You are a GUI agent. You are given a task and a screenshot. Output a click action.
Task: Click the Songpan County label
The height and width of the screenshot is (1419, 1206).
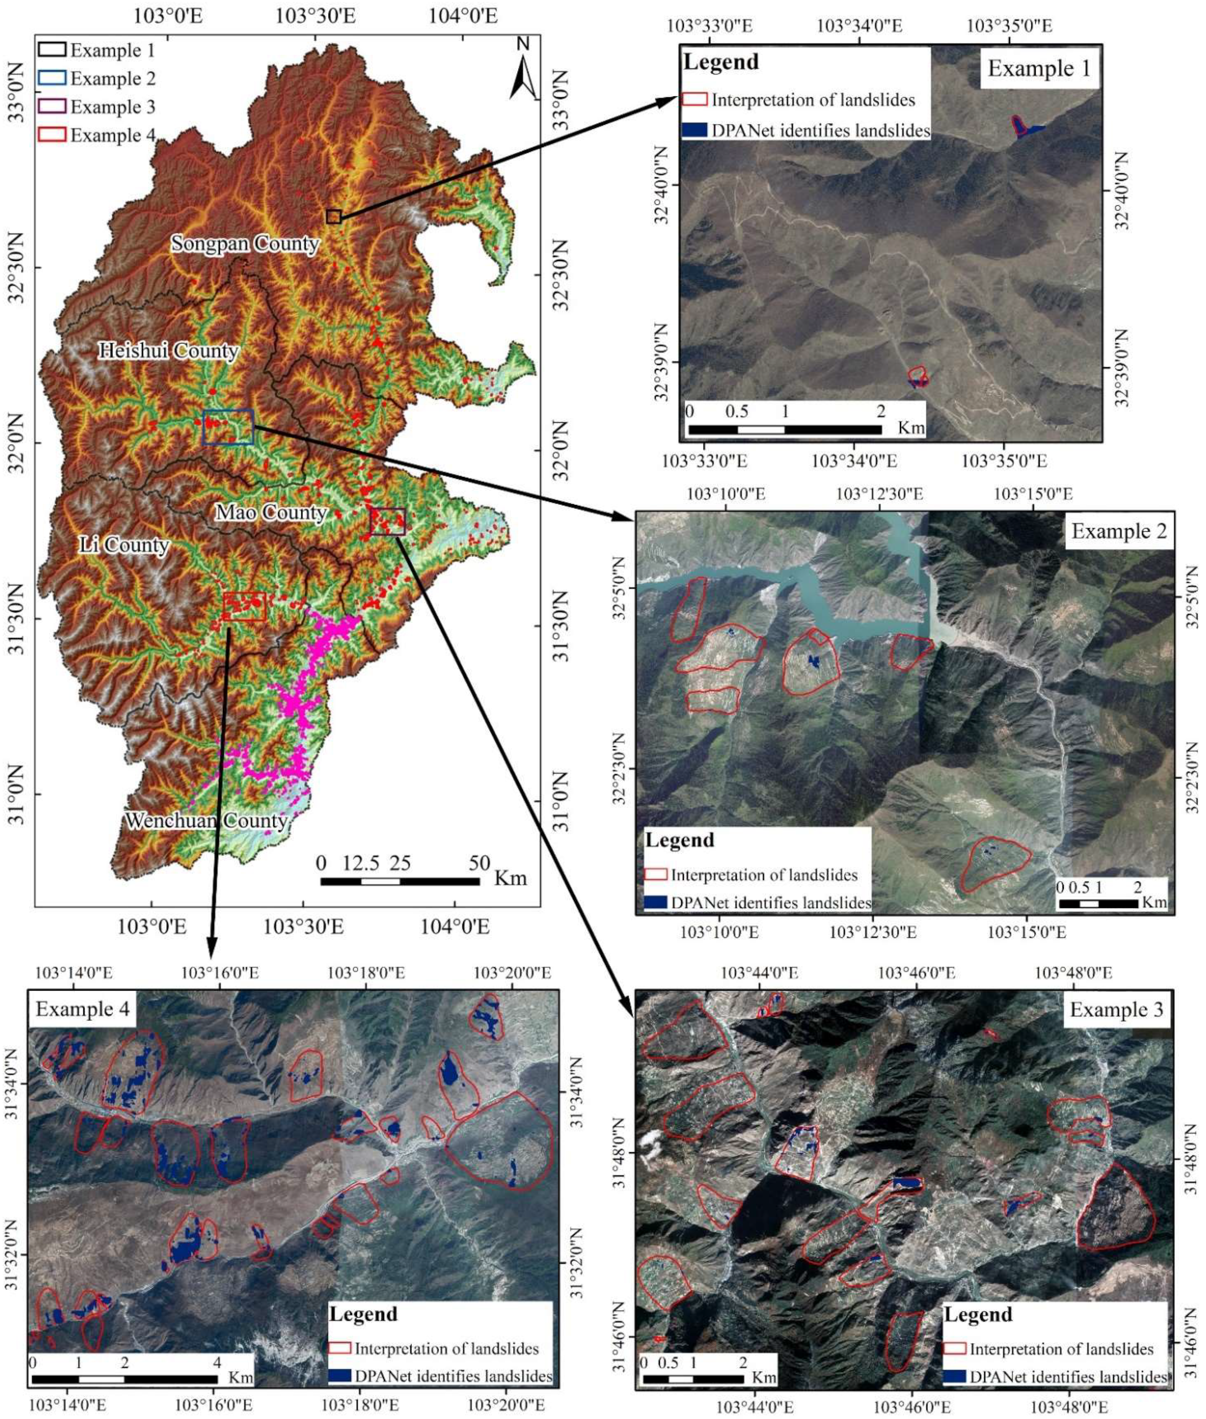click(245, 244)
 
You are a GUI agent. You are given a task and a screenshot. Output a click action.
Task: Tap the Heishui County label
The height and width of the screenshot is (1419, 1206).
click(168, 352)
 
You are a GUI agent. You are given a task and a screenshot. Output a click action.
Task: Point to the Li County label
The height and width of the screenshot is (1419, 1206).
click(124, 545)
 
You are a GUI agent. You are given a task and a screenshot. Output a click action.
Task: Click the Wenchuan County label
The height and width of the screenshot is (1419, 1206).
click(205, 821)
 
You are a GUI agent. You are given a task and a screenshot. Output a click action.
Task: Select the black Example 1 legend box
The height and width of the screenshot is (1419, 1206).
click(52, 50)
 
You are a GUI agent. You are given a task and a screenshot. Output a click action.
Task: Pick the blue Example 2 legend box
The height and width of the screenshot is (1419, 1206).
click(52, 78)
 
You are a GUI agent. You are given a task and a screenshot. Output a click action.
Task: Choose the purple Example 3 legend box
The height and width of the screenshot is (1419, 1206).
click(52, 107)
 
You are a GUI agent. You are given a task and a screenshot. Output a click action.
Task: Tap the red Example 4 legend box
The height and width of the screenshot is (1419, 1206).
click(52, 135)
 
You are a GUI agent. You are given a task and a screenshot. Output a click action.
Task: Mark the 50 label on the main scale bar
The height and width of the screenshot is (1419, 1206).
click(479, 864)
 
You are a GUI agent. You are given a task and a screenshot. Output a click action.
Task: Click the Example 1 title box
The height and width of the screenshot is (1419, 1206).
click(1039, 69)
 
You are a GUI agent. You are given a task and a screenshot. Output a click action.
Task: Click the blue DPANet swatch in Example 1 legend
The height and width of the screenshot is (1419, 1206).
click(695, 130)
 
